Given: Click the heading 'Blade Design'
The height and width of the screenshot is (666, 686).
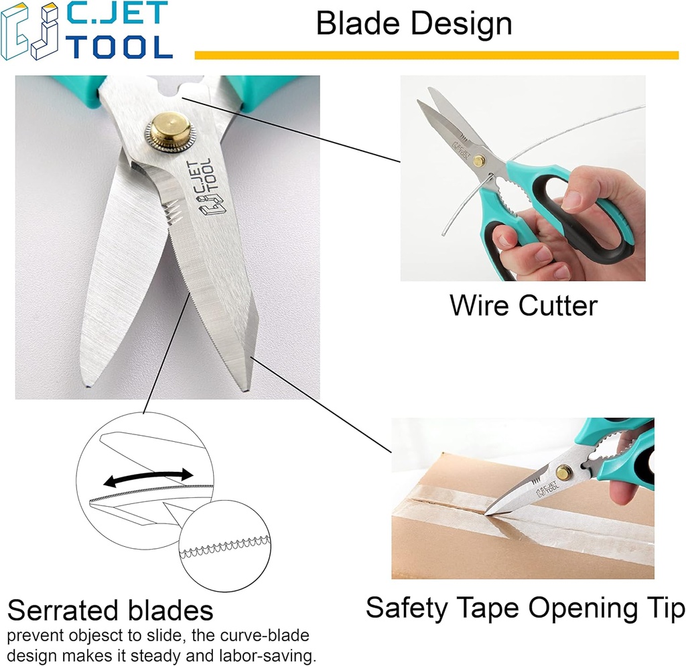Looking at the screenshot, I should [x=414, y=24].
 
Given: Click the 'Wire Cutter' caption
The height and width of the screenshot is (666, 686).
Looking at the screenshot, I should [x=523, y=305].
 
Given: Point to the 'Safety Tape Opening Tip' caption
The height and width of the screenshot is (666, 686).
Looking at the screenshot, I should [x=525, y=608].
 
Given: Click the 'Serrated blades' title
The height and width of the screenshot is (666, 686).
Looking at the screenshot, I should [x=111, y=610].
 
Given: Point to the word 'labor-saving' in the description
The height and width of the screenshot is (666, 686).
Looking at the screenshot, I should [x=275, y=655].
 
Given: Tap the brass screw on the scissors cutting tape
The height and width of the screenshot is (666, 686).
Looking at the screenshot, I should [x=563, y=473].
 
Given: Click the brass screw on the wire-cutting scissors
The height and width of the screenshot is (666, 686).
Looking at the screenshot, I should [x=478, y=161].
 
